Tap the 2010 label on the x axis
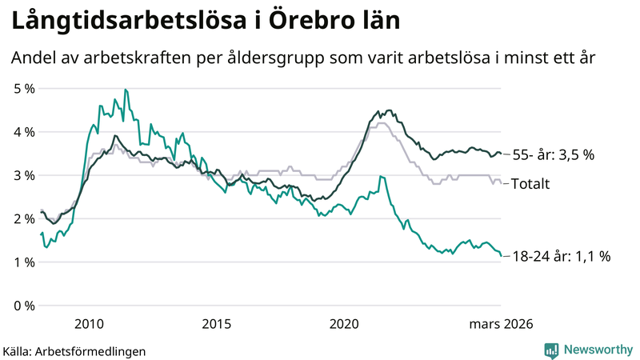point(89,324)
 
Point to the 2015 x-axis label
point(217,324)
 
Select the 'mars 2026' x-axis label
point(501,324)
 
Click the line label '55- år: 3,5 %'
point(553,154)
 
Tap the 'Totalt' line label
point(530,184)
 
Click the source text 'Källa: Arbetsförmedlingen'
point(74,350)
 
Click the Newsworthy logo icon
point(551,350)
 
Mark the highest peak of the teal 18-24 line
point(126,90)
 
